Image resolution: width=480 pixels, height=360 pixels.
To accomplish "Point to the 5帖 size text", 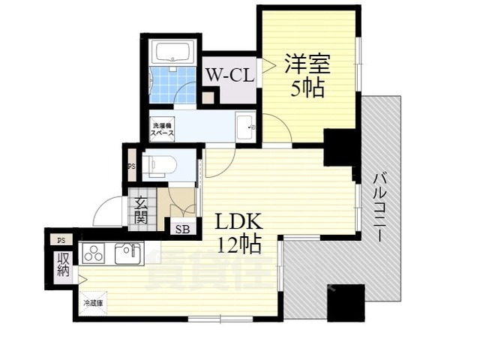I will coord(307,88).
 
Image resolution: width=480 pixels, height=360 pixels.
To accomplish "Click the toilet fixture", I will coord(160,165).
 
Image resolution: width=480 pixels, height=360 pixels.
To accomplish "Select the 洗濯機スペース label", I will coord(163,129).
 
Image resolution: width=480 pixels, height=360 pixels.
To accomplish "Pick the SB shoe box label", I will coord(182,229).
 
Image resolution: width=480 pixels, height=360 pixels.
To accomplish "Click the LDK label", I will coord(238,223).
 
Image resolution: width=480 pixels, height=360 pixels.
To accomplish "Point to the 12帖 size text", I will coord(239,244).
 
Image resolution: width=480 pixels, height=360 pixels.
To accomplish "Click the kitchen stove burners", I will coord(95,254).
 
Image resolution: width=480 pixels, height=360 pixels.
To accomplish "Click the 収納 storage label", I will coord(61,264).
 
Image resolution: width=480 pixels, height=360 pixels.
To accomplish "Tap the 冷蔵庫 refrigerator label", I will coord(93,302).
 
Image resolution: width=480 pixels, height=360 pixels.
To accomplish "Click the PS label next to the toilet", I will coord(130,166).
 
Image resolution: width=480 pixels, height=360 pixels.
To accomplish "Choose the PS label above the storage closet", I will coord(60,240).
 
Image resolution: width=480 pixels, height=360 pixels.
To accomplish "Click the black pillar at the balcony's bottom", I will coord(346,302).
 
